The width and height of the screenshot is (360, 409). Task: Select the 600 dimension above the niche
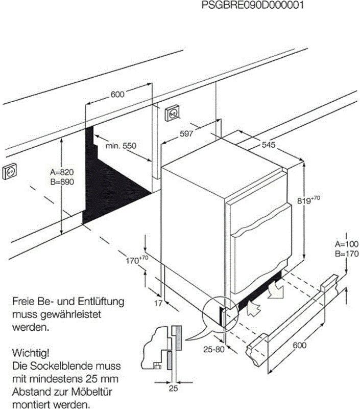[117, 94]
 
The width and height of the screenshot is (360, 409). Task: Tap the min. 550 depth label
[121, 146]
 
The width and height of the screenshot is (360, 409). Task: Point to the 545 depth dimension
[269, 145]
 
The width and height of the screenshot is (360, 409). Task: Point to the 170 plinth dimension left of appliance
[136, 260]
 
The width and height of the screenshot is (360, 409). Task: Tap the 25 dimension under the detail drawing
[173, 389]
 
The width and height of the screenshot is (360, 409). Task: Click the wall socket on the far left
[10, 173]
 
